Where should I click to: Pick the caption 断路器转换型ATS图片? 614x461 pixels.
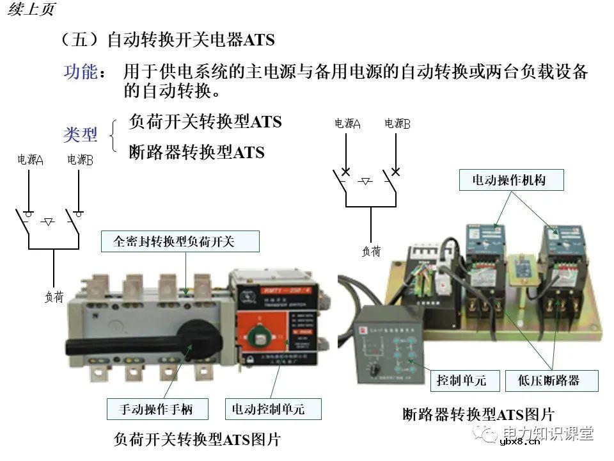click(479, 414)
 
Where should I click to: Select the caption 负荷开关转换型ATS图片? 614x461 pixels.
click(198, 439)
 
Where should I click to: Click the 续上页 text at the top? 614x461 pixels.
click(31, 9)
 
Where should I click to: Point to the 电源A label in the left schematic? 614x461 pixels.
click(30, 160)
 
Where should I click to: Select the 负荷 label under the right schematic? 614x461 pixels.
click(372, 252)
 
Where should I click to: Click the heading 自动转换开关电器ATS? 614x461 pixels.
click(190, 40)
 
